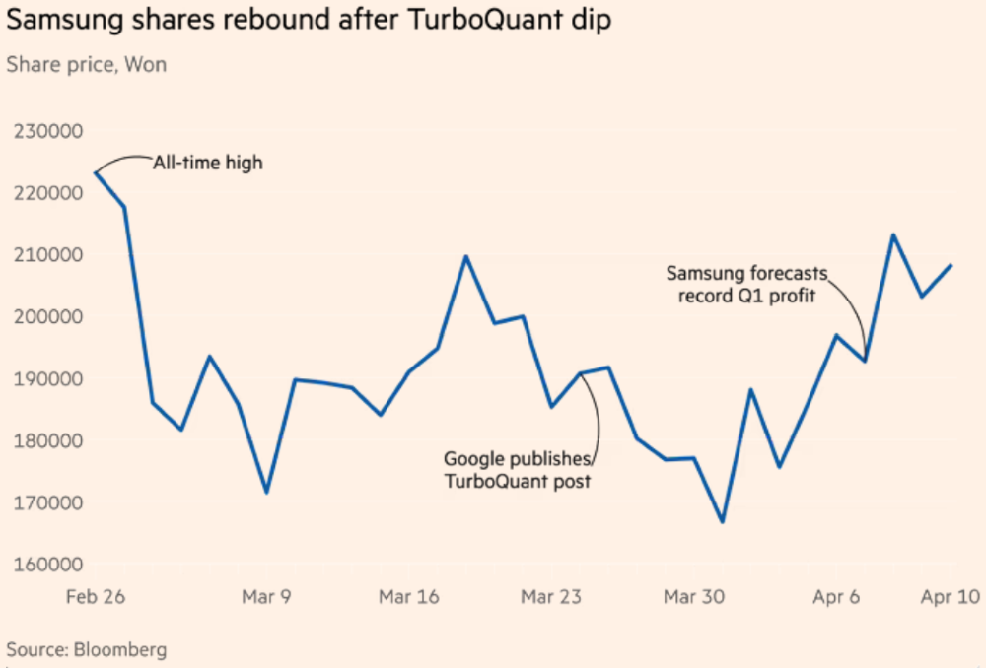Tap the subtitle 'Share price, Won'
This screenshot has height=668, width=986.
coord(87,65)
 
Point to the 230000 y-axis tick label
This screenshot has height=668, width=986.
coord(45,131)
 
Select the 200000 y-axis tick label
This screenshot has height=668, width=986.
coord(45,317)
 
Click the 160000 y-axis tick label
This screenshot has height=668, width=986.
coord(45,566)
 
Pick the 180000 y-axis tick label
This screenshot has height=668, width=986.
coord(45,441)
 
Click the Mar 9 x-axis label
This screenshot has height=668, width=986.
coord(266,597)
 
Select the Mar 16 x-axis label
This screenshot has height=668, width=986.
coord(407,597)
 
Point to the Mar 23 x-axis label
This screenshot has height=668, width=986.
coord(550,597)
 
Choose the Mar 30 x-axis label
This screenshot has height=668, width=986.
coord(693,597)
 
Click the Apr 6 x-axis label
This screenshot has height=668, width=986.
coord(836,597)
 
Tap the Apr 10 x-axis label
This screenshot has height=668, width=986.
coord(950,597)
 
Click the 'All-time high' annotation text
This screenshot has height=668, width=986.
coord(207,163)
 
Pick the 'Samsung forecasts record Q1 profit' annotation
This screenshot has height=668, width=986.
coord(746,284)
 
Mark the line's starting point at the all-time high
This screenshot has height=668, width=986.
coord(95,172)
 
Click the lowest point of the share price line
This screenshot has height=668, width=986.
coord(723,521)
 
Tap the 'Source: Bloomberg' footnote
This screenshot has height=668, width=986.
coord(87,650)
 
